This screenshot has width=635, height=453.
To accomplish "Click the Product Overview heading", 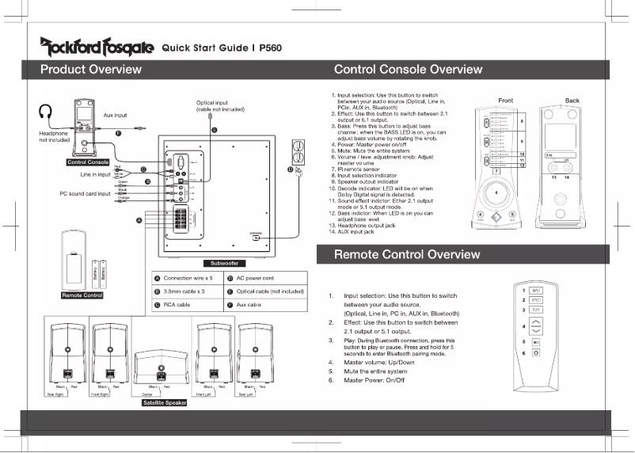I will point(91,70).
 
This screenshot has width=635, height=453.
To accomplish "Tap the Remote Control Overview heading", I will point(406,254).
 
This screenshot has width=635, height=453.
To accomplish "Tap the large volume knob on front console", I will point(496,192).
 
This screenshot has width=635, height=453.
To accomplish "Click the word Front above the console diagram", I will point(505,101).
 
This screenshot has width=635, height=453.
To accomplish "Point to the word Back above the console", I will point(572,101).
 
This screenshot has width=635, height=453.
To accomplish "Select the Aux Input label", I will point(116,116).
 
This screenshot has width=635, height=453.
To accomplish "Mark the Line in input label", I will point(94,173).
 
